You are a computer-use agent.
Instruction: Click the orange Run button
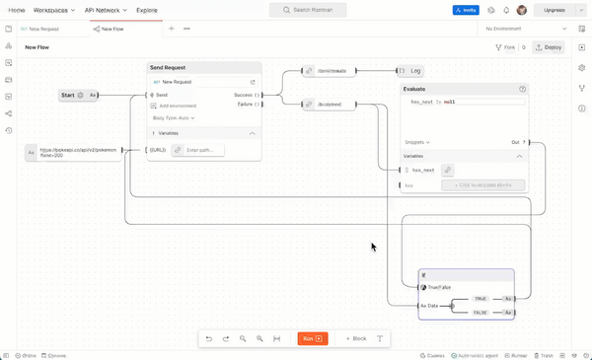(x=312, y=338)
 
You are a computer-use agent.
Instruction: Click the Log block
(x=415, y=71)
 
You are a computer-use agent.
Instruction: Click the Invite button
(x=466, y=10)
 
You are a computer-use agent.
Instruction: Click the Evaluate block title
(x=414, y=89)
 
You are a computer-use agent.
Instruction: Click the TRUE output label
(x=481, y=298)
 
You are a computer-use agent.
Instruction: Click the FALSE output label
(x=481, y=312)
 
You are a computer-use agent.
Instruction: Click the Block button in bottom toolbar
(x=355, y=338)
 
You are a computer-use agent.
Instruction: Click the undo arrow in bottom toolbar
(x=209, y=338)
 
